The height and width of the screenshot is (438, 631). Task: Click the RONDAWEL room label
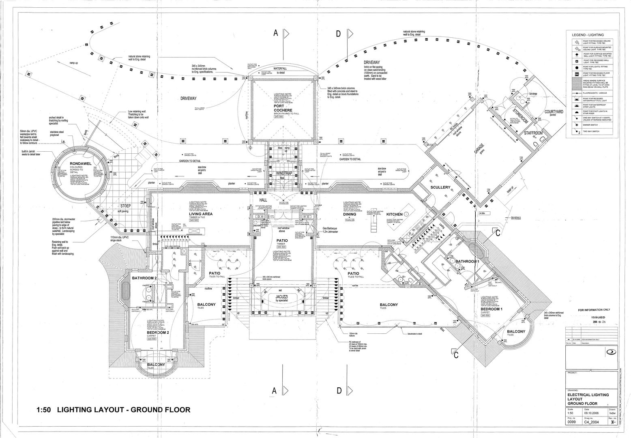pos(79,163)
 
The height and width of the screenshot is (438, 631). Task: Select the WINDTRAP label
pos(284,174)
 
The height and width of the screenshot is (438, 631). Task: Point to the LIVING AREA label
pos(201,214)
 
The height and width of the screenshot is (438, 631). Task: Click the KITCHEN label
pos(394,214)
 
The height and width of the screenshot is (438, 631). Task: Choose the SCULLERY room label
pos(441,187)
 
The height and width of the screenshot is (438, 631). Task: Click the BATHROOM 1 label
pos(467,262)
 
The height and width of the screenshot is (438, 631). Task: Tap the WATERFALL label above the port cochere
pos(280,69)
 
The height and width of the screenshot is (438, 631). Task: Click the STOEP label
pos(125,206)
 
